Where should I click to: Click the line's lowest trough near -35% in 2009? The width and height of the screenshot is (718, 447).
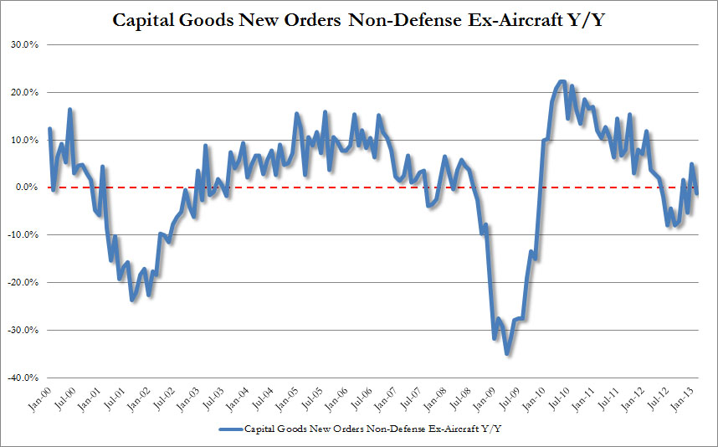507,353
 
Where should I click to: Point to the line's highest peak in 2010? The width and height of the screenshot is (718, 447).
561,81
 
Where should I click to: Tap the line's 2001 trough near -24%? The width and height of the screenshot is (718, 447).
131,299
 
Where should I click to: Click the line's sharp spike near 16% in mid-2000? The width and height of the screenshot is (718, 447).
70,110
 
